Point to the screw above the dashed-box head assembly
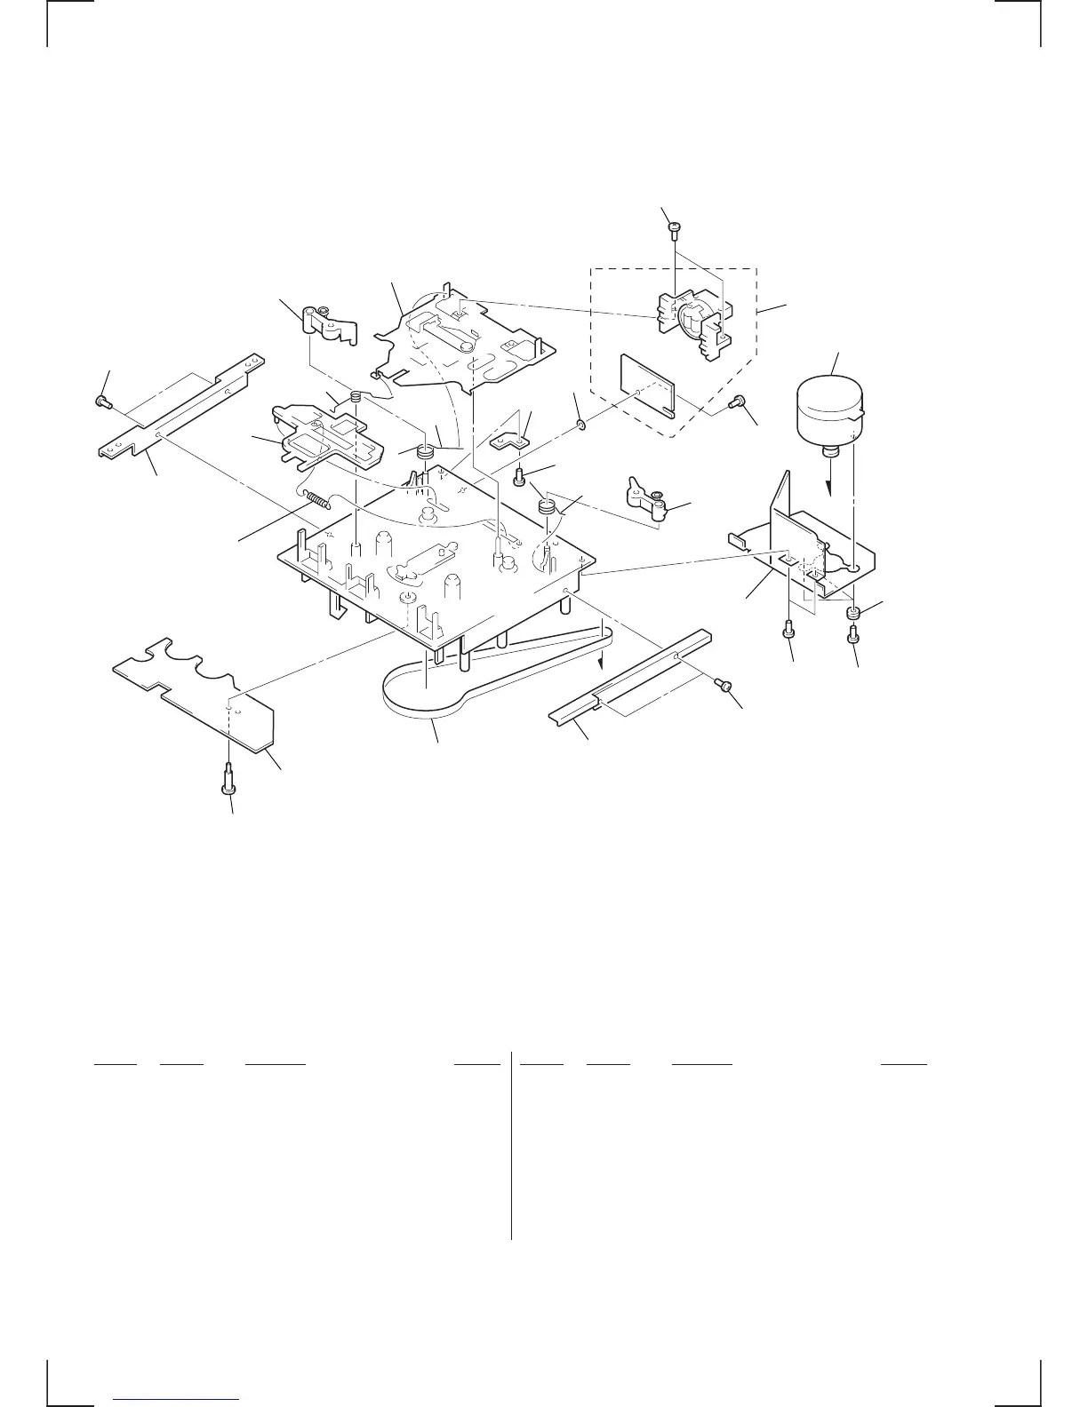click(x=674, y=228)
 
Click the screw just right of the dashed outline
click(x=734, y=403)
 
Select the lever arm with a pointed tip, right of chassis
click(x=649, y=496)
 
